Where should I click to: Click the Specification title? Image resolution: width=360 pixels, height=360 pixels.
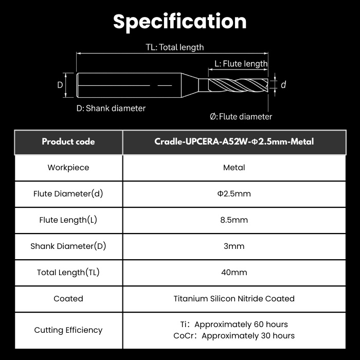(x=180, y=22)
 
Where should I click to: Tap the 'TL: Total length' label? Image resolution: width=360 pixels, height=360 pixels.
(x=175, y=47)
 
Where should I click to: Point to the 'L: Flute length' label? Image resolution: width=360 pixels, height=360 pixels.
(x=241, y=64)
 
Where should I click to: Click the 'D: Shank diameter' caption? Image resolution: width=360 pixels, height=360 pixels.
(x=111, y=109)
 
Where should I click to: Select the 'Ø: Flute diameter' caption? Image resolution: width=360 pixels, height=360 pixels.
(x=241, y=117)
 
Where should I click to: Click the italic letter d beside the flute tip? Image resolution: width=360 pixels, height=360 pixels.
(x=283, y=85)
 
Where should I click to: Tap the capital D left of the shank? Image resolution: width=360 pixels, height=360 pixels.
(x=60, y=85)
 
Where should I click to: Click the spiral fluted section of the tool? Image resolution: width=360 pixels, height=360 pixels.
(x=238, y=85)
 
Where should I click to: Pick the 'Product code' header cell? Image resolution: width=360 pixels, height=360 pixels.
(x=68, y=141)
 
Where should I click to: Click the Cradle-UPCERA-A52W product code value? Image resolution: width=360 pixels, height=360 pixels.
(x=234, y=141)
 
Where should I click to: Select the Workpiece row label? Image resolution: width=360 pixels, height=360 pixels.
(x=68, y=168)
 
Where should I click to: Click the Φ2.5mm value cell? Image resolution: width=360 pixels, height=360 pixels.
(x=234, y=194)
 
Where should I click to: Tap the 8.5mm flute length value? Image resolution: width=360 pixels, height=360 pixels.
(x=234, y=220)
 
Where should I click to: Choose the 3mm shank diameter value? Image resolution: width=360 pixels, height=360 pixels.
(x=234, y=246)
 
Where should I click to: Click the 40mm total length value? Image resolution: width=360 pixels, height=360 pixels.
(x=234, y=273)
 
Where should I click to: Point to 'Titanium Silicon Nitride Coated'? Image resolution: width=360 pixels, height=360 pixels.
(x=234, y=299)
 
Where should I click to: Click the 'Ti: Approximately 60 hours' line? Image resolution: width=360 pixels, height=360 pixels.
(x=234, y=325)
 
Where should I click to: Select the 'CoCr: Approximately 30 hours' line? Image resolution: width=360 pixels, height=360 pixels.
(x=234, y=336)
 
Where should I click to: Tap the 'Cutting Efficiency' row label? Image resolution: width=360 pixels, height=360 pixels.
(x=68, y=330)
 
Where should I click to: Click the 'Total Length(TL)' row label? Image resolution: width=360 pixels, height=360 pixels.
(x=68, y=273)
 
